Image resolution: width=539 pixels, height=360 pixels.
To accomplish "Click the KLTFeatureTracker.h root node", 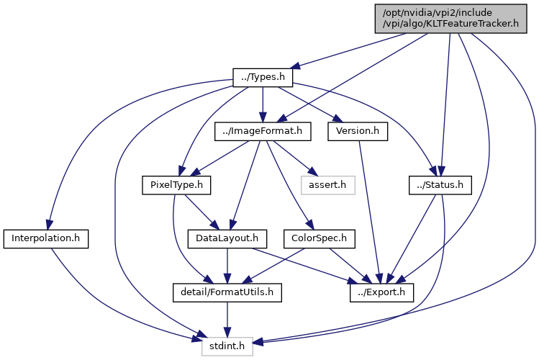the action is (450, 19).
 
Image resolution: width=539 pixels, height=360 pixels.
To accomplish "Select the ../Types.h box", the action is (263, 78).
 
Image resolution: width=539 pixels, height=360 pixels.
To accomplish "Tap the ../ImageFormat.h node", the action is (263, 131).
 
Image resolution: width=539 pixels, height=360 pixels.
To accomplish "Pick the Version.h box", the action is (358, 131).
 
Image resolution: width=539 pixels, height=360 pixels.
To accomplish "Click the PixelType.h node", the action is (176, 185).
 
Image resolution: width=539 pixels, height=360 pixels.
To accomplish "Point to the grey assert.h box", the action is (327, 185).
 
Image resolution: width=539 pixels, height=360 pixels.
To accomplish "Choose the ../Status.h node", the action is (440, 185).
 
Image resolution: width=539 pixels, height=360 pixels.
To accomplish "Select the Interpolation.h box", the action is (46, 239).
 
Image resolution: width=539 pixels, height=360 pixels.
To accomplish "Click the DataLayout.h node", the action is (227, 239).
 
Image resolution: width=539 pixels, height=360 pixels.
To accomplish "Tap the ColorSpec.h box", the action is (319, 239).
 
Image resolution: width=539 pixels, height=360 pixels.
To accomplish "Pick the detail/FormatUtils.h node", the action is (227, 293).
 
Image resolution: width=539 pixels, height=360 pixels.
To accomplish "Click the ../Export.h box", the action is (381, 293).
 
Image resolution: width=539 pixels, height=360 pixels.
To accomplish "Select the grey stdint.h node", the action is (227, 346).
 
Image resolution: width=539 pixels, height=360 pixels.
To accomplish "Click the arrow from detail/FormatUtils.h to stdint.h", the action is (227, 320).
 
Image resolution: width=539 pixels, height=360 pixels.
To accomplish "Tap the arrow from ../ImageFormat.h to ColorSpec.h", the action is (289, 185).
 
